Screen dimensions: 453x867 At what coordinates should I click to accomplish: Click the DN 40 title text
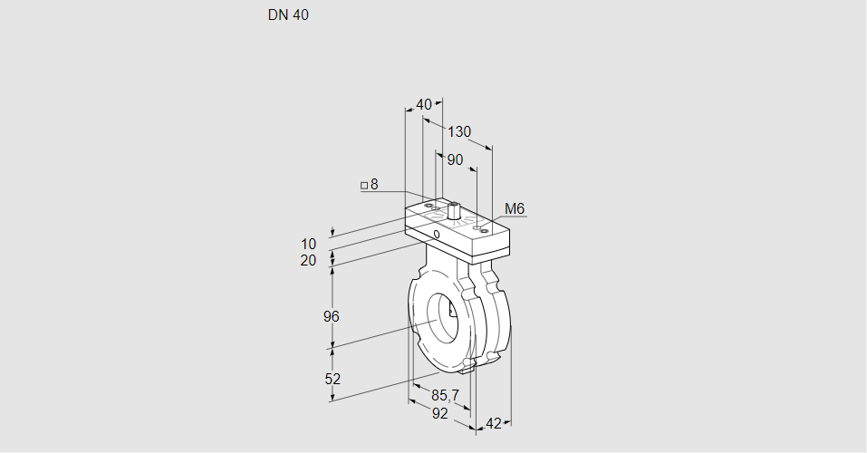pos(288,15)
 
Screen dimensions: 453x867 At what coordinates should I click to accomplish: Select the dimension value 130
pos(459,132)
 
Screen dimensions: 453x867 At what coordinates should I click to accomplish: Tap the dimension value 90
pos(455,160)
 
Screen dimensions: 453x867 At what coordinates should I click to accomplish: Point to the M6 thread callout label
pos(514,209)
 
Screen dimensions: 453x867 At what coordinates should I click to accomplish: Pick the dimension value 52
pos(332,379)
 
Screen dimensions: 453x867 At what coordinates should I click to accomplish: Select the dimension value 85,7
pos(445,395)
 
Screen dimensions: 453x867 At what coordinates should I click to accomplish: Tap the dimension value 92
pos(440,413)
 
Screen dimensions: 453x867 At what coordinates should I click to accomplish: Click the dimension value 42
pos(494,423)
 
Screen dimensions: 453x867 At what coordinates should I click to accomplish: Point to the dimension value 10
pos(309,244)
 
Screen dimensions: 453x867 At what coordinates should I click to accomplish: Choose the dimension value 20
pos(309,261)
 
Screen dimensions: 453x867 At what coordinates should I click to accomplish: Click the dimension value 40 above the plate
pos(424,104)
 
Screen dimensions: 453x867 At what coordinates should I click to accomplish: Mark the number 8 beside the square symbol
pos(374,185)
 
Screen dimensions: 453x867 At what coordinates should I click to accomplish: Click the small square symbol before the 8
pos(364,186)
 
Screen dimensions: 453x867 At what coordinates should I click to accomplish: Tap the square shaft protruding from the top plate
pos(453,213)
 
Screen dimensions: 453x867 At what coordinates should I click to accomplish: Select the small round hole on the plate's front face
pos(437,235)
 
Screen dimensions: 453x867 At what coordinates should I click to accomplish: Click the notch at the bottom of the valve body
pos(467,364)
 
